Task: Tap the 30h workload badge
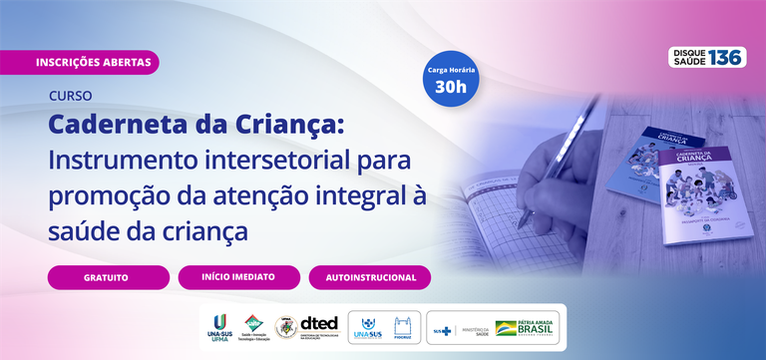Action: pos(451,77)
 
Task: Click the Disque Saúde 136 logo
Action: pos(707,57)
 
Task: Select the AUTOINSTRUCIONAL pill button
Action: pos(369,276)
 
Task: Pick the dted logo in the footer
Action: pos(319,327)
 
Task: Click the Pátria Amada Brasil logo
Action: pos(528,327)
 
